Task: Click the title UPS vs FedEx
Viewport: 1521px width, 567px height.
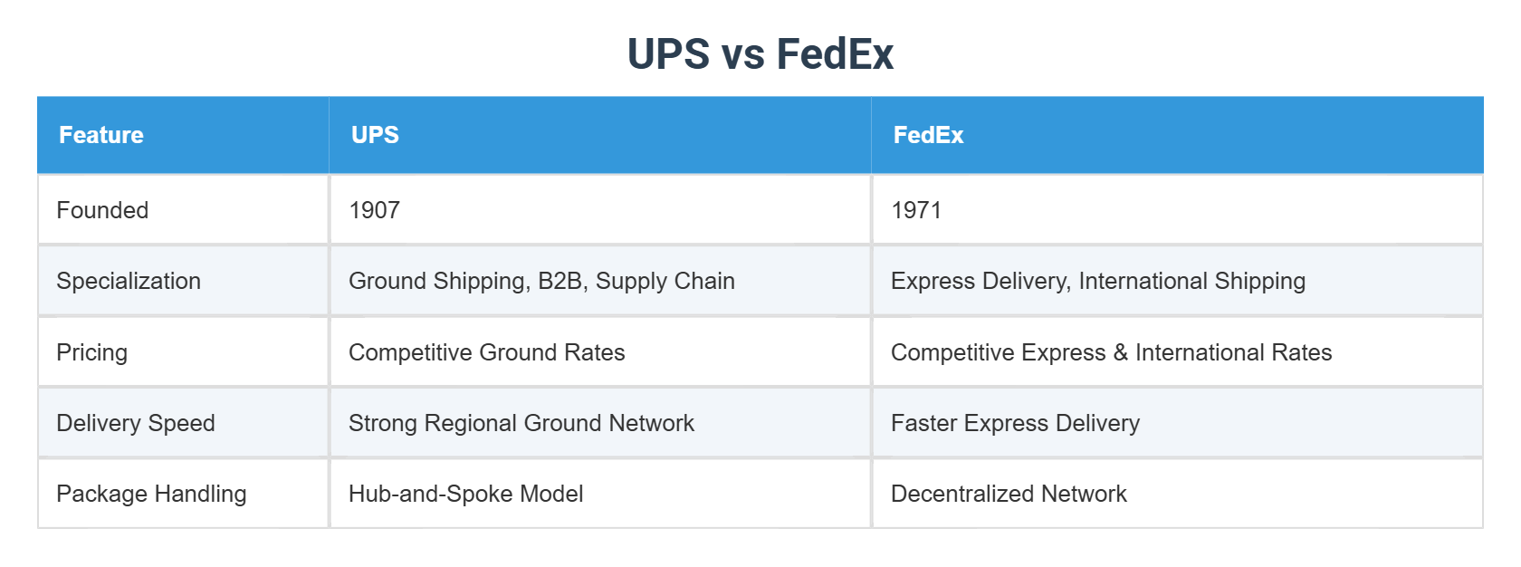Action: coord(760,54)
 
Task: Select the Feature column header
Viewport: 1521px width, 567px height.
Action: coord(101,135)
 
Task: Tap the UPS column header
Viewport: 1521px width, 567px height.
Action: coord(375,135)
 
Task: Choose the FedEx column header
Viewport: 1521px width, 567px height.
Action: coord(928,135)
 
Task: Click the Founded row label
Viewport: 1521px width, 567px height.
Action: coord(102,210)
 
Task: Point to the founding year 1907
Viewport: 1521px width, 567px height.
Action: coord(374,210)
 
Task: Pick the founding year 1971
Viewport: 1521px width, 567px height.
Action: coord(916,210)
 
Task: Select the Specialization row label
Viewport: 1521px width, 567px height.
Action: coord(129,281)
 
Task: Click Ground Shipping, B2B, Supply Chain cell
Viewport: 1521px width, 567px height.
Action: coord(541,281)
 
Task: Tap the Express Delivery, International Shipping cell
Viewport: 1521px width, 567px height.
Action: coord(1097,281)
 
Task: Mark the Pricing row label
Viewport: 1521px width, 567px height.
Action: coord(91,352)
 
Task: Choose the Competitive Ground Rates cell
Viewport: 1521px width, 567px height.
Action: coord(486,352)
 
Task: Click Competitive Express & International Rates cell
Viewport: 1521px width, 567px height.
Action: coord(1111,352)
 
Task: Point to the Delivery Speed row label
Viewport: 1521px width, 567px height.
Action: coord(136,423)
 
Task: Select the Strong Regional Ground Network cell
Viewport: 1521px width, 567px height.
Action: coord(521,423)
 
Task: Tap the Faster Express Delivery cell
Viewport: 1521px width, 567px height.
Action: coord(1015,423)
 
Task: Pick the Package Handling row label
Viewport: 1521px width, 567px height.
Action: coord(151,494)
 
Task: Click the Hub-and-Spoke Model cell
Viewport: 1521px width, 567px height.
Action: coord(465,494)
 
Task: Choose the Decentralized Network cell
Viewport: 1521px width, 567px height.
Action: coord(1009,494)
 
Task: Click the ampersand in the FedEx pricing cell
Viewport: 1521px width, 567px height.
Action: coord(1121,352)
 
